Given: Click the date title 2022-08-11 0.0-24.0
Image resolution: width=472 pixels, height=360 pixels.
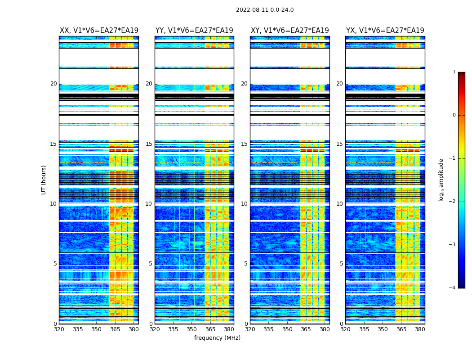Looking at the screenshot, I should click(264, 10).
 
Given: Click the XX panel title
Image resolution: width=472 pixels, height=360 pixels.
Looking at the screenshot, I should click(99, 31).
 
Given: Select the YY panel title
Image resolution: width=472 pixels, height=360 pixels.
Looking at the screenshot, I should click(194, 31).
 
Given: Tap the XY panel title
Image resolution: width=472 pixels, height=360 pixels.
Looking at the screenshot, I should click(289, 31).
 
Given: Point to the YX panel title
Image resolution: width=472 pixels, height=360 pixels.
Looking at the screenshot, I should click(385, 31).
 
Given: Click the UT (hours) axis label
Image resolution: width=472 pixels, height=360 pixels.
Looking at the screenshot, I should click(44, 180).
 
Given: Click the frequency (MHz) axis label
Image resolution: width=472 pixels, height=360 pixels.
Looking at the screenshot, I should click(217, 338).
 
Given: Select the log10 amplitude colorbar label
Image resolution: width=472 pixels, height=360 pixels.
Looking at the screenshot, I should click(441, 180).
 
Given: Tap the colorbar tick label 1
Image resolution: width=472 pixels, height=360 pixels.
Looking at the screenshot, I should click(454, 72).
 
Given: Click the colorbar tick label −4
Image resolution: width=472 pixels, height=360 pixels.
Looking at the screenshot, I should click(453, 288).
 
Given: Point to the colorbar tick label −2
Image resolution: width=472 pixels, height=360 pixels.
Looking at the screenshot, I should click(453, 202).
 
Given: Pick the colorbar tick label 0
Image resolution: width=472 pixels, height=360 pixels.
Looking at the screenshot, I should click(454, 115).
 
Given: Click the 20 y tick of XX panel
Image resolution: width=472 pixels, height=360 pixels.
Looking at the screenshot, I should click(53, 84).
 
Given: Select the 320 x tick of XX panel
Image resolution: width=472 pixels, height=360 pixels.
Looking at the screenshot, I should click(59, 329).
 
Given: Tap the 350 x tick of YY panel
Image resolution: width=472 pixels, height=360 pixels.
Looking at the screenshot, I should click(192, 329).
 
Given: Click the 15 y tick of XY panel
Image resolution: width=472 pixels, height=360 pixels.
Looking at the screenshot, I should click(244, 144).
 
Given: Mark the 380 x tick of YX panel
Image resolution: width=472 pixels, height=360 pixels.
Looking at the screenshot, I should click(420, 329).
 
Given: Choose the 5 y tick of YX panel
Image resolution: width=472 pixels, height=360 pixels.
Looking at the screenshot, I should click(341, 264).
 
